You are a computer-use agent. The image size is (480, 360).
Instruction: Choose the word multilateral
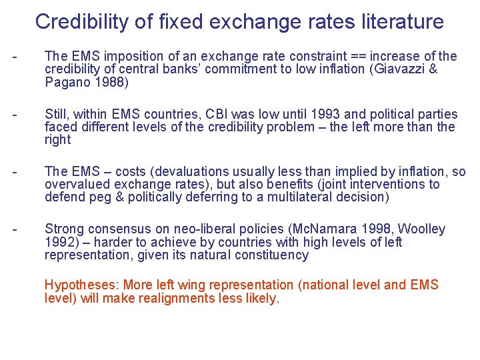point(301,197)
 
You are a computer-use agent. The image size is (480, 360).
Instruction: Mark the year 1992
point(60,242)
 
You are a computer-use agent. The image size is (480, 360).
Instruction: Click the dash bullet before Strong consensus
point(14,229)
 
